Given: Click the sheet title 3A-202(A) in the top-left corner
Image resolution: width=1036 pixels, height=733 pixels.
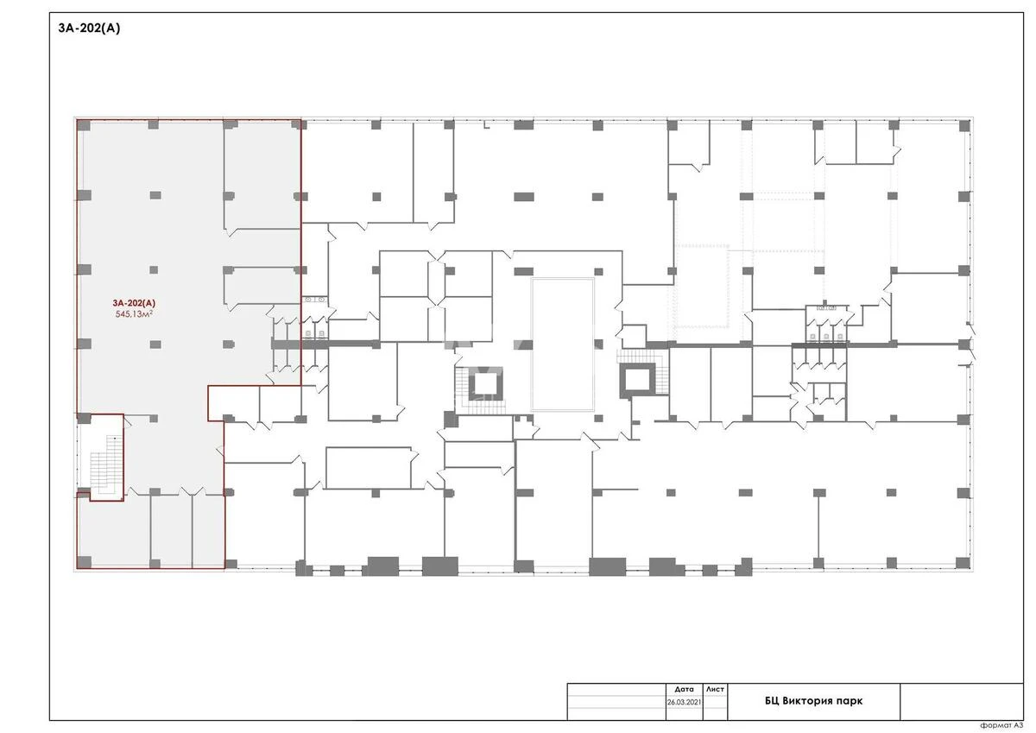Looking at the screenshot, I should coord(90,28).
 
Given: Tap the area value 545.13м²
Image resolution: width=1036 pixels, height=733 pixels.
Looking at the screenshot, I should coord(136,315).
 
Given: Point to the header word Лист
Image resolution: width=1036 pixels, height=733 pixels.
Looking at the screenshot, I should coord(715,690).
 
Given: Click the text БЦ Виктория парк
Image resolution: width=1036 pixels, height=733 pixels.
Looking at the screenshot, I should coord(813,701).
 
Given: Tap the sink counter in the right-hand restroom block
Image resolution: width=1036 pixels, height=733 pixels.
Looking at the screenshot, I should coord(826,307).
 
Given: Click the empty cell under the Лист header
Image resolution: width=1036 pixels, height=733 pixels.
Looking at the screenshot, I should coord(715,703).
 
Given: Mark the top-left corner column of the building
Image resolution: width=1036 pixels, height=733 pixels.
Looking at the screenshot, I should coord(83,125).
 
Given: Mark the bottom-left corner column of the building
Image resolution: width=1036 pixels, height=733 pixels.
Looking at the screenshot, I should coord(83,563).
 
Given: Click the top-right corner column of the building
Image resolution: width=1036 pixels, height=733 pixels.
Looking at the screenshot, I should coord(963,125).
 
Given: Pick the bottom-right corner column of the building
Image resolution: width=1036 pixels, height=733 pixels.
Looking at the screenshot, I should coord(963,563).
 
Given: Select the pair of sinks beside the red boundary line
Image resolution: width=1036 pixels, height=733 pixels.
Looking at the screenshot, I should coord(313,300).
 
